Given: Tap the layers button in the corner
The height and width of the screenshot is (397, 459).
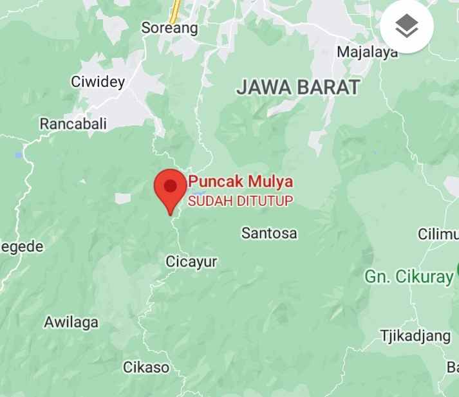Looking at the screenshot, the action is [x=406, y=26].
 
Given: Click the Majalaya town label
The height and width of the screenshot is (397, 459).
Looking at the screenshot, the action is [x=368, y=52].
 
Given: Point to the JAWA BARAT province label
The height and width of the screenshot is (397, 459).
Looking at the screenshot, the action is [x=297, y=88].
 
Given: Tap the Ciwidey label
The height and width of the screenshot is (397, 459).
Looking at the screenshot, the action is [x=97, y=82].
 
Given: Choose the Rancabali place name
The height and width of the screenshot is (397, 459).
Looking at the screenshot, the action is [x=73, y=124].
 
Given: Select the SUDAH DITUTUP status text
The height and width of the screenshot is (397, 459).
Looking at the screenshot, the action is [x=240, y=201].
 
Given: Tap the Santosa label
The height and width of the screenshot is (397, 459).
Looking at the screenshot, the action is [x=269, y=233].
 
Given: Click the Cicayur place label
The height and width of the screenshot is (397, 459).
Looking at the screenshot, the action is [x=191, y=262].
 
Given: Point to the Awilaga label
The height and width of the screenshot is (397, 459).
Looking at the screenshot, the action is [x=71, y=322].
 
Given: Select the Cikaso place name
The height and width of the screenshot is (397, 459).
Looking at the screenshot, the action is [x=146, y=367].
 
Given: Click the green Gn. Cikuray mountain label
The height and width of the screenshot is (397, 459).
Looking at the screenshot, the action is [x=409, y=277].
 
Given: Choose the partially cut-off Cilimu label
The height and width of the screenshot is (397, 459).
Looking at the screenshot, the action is [x=438, y=234].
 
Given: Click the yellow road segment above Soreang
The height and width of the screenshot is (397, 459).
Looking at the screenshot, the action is [x=174, y=10].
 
